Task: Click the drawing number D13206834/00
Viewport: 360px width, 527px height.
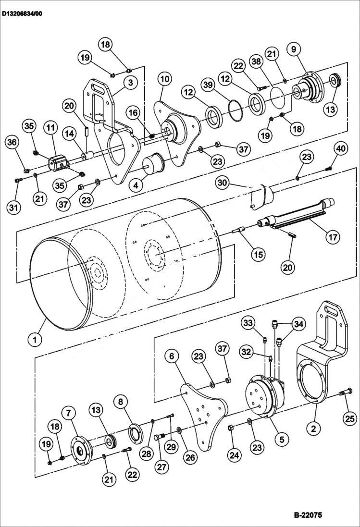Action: [22, 14]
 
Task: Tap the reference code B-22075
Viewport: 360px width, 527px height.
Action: [308, 515]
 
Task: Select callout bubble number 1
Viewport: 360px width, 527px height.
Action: [35, 340]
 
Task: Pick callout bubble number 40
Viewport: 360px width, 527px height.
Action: [340, 149]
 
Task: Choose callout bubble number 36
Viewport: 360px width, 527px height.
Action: [11, 143]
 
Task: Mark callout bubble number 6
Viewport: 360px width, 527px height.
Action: [174, 356]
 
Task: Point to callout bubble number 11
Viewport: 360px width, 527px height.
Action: [50, 128]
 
